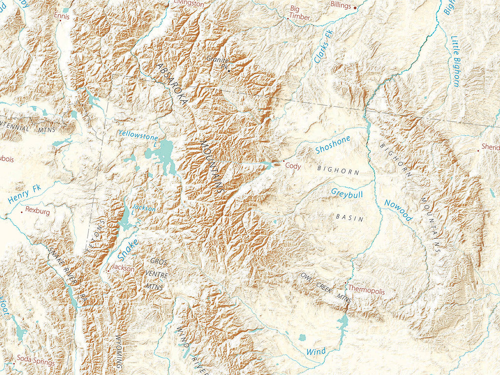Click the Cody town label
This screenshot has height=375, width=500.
293,167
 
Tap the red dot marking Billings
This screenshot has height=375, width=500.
355,7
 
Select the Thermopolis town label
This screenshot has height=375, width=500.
366,292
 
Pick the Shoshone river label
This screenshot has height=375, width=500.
333,145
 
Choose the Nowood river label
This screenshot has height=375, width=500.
398,210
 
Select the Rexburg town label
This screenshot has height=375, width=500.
38,212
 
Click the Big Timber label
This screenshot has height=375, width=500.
300,13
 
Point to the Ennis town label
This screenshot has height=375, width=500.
62,16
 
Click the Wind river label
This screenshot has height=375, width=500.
316,351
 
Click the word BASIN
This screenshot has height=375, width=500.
350,217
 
